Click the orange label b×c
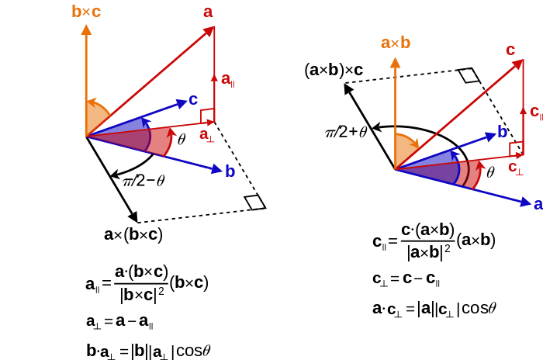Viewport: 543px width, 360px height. click(86, 12)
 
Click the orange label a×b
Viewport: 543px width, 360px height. click(396, 43)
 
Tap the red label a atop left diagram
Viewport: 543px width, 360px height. click(208, 12)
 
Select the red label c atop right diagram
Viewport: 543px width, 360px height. click(510, 50)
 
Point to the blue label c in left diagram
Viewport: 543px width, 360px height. click(193, 99)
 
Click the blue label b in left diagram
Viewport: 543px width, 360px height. click(230, 171)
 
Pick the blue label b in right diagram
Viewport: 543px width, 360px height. click(502, 132)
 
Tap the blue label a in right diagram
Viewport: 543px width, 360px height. click(538, 203)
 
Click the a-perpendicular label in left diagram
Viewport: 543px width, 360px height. click(206, 135)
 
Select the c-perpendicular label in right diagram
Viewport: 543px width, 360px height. click(515, 168)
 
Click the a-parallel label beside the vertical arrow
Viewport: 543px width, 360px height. click(227, 79)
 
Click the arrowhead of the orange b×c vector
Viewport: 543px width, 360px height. click(86, 29)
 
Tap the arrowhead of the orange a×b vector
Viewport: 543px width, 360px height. click(395, 62)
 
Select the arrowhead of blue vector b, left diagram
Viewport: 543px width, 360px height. click(217, 169)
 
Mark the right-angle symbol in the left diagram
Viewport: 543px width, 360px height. click(207, 116)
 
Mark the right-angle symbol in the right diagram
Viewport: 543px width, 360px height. click(516, 148)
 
